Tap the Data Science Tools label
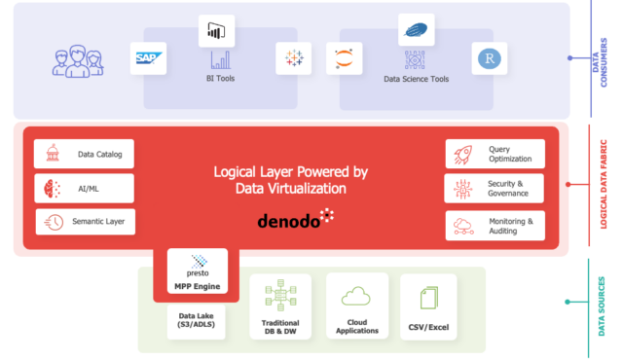[416, 78]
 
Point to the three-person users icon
[76, 60]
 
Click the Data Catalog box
[84, 154]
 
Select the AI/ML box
[84, 188]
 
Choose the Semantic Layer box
[86, 222]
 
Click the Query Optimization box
[495, 154]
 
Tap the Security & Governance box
[495, 189]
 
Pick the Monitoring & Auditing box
[495, 226]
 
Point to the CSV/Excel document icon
[428, 297]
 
